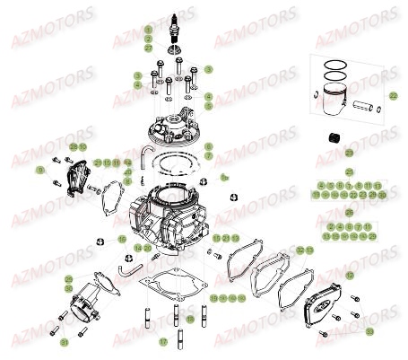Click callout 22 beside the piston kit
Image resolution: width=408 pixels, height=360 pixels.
(x=392, y=95)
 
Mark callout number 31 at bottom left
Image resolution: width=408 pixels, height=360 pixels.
(x=64, y=342)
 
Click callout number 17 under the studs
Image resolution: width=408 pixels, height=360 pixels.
(x=163, y=342)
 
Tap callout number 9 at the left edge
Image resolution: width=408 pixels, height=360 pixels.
(x=39, y=169)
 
